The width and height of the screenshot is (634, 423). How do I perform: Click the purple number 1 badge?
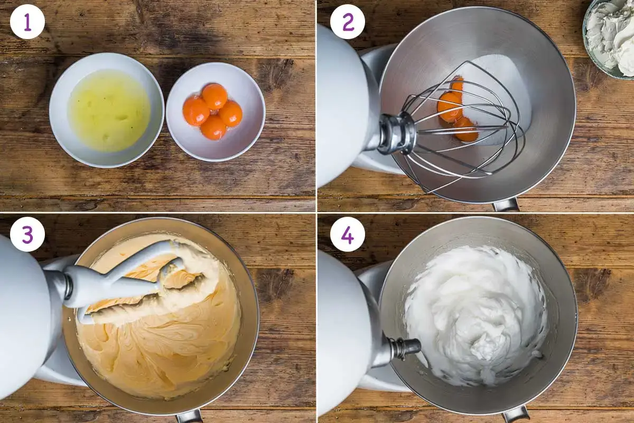(27, 22)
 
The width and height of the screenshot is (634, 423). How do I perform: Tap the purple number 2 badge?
(348, 22)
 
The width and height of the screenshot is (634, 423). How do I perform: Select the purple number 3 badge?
(27, 234)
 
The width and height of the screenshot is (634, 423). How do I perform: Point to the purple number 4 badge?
(348, 234)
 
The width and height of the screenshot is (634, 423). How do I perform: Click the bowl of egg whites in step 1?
(106, 110)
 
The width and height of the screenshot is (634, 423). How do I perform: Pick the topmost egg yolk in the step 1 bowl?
(215, 96)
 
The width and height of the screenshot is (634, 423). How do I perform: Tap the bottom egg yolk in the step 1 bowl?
(213, 127)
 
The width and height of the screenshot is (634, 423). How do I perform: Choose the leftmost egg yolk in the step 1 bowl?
(196, 112)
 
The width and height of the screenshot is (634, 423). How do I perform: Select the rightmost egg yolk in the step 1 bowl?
(230, 114)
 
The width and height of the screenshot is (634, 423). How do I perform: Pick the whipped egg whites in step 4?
(475, 315)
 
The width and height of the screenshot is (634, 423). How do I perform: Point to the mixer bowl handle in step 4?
(516, 416)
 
